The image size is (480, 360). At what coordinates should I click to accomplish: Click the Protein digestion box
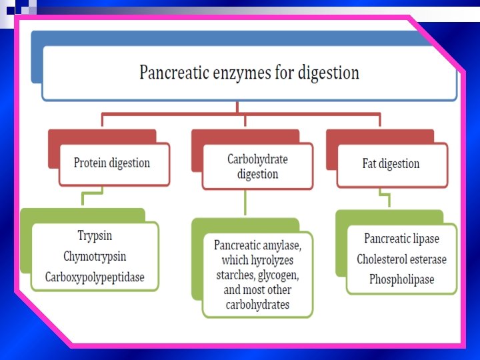(x=112, y=163)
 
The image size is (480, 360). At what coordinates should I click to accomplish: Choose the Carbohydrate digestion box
(x=257, y=167)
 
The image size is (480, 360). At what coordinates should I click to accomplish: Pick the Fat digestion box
(x=391, y=164)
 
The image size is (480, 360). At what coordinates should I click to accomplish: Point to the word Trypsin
(x=95, y=235)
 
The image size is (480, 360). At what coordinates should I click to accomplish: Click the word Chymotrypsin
(x=95, y=256)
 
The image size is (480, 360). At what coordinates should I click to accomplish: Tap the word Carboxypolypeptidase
(x=95, y=277)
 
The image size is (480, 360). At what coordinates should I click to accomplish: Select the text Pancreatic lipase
(x=401, y=239)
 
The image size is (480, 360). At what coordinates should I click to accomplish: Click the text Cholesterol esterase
(x=401, y=259)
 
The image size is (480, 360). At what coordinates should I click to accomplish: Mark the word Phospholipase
(x=401, y=280)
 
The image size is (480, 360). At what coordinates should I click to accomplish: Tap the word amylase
(x=283, y=245)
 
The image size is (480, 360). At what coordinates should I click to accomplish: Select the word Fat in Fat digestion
(x=370, y=164)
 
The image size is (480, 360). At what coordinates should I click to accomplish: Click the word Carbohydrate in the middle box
(x=257, y=159)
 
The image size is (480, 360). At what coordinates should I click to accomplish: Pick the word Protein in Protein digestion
(x=90, y=163)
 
